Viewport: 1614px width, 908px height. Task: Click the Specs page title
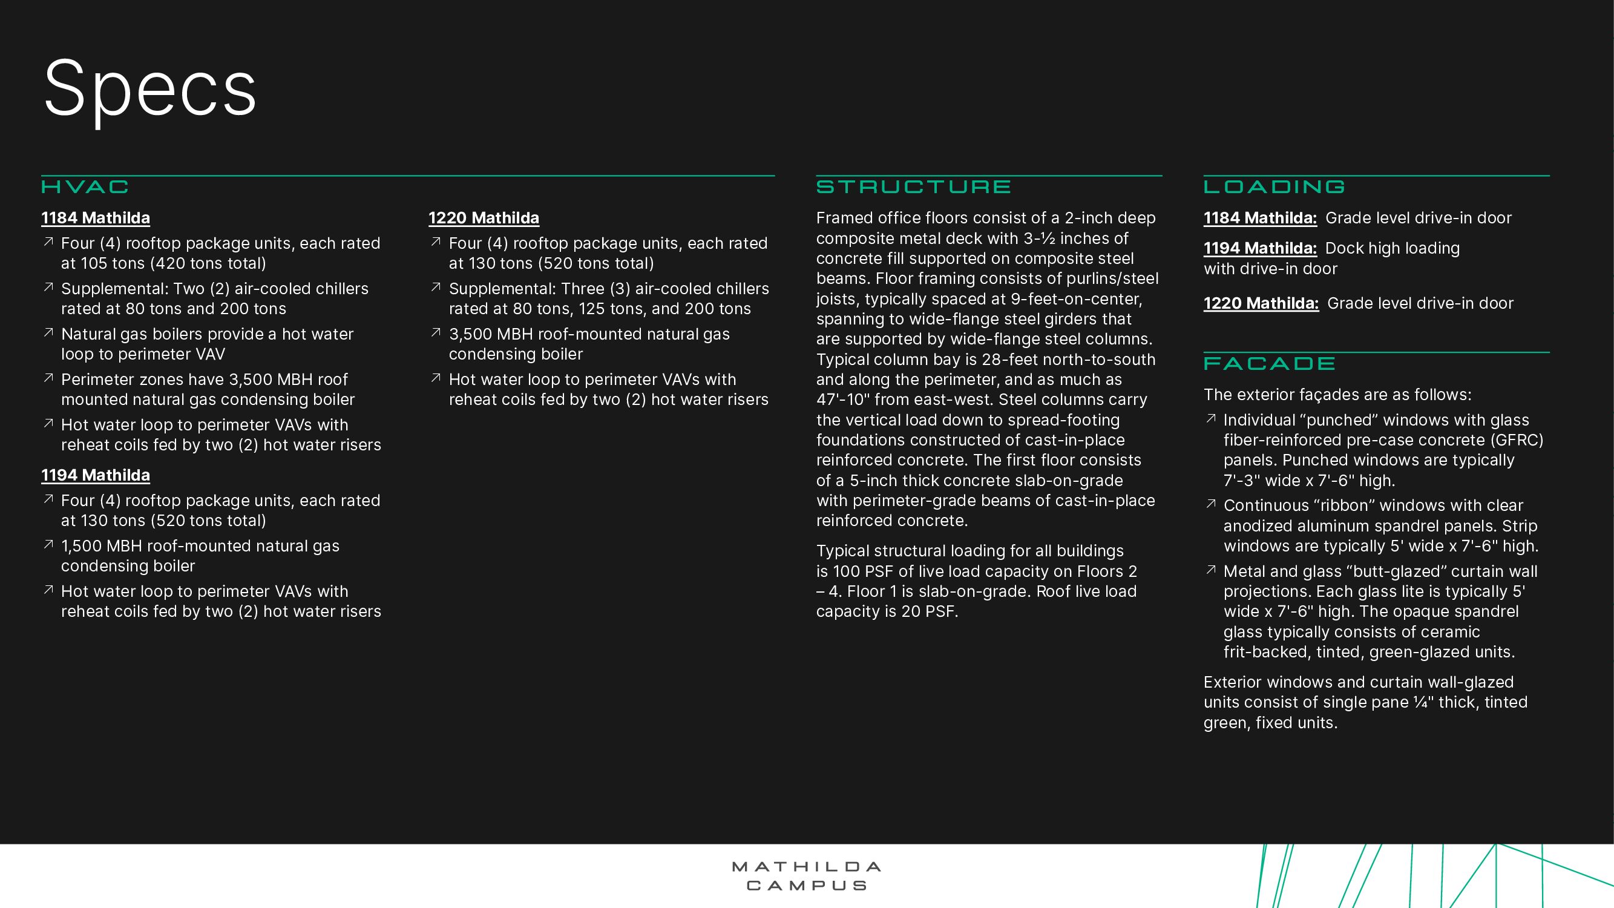(149, 89)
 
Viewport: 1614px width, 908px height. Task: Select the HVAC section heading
(85, 186)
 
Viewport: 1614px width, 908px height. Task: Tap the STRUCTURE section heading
(914, 186)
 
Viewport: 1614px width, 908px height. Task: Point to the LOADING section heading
(1274, 186)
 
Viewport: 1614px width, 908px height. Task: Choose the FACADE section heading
(1270, 363)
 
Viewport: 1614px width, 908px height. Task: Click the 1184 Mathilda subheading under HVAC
(96, 218)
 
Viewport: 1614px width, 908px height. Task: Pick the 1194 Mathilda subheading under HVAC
(96, 475)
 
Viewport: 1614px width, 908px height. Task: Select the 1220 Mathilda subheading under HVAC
(484, 218)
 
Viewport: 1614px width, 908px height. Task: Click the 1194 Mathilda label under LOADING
(1260, 248)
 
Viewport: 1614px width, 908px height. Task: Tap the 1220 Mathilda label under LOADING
(1261, 303)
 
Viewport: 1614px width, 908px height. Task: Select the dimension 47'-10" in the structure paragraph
(844, 400)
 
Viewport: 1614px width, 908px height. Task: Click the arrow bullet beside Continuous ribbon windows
(1211, 504)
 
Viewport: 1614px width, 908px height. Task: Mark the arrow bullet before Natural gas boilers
(48, 333)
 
